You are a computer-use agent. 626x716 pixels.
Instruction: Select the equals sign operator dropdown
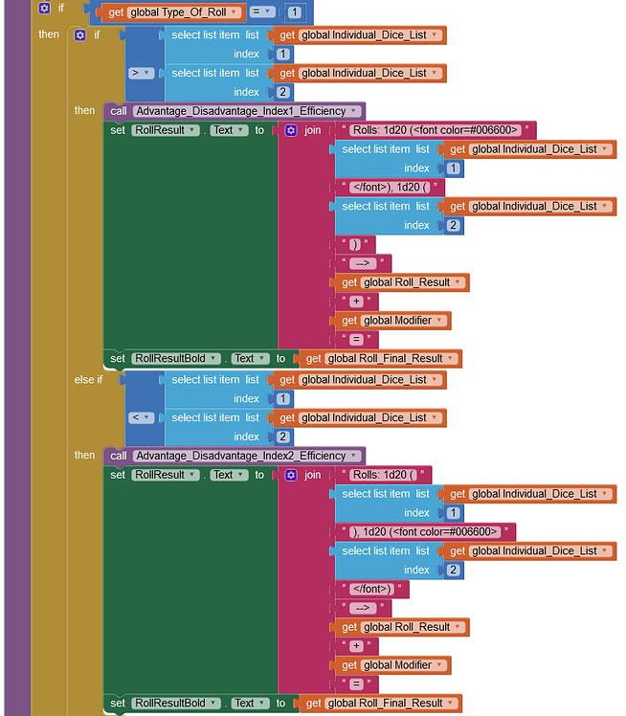point(261,12)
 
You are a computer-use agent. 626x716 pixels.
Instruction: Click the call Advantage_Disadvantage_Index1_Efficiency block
point(234,111)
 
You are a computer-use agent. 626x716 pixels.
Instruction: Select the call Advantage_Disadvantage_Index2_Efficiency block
point(234,456)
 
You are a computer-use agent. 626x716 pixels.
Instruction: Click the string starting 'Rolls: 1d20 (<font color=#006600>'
point(436,130)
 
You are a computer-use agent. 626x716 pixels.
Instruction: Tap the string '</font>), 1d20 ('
point(391,187)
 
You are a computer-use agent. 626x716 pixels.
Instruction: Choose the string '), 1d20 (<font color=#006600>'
point(427,532)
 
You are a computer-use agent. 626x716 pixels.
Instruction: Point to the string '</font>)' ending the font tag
point(373,589)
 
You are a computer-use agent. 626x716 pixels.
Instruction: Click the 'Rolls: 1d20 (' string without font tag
point(386,475)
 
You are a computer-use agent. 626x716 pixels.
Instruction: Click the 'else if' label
point(86,380)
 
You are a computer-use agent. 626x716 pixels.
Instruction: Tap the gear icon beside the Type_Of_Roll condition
point(44,8)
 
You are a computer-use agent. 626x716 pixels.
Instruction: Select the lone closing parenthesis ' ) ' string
point(355,244)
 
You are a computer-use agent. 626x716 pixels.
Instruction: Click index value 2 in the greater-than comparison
point(280,93)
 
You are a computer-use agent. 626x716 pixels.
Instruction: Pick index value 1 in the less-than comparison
point(280,399)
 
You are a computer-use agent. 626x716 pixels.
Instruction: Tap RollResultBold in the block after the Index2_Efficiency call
point(168,704)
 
